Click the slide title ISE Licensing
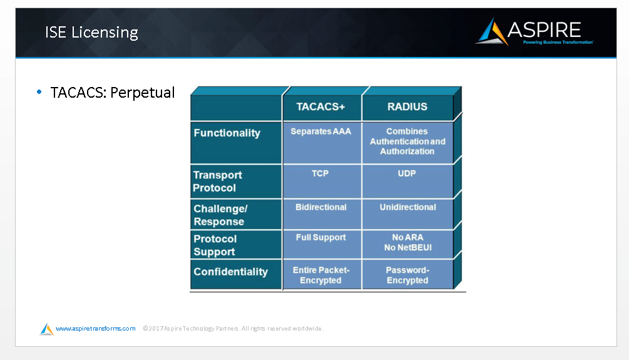click(91, 33)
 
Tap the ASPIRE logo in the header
click(534, 31)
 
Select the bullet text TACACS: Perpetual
click(113, 93)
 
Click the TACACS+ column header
click(321, 106)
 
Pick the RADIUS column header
click(407, 106)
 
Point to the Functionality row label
click(227, 133)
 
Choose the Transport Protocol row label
click(217, 182)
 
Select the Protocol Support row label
click(215, 245)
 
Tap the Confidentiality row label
click(230, 272)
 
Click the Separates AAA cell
click(321, 131)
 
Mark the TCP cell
click(320, 173)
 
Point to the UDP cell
click(407, 173)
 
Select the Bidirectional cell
click(321, 207)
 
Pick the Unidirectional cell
click(407, 207)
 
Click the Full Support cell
click(321, 237)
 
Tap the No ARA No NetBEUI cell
click(407, 242)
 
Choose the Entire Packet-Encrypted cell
click(321, 275)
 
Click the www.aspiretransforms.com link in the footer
click(95, 328)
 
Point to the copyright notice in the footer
click(232, 328)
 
